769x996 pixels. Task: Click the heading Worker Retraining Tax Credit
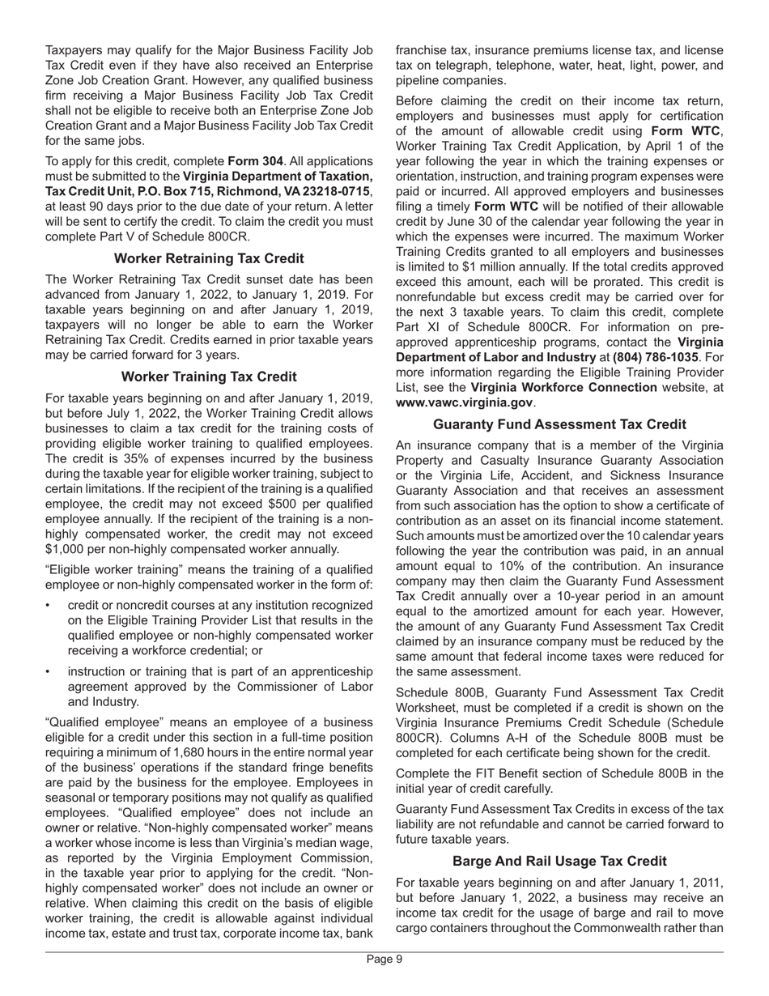209,258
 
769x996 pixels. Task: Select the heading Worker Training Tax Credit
209,377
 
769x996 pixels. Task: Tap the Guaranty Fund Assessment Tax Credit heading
559,424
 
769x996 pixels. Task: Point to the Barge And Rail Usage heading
559,861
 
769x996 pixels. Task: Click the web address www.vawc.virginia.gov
464,402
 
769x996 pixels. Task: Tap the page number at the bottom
384,960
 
